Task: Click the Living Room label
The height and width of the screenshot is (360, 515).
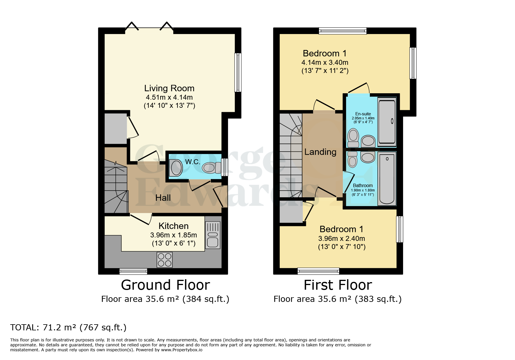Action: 169,88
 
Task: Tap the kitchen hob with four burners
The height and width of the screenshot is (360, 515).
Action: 165,259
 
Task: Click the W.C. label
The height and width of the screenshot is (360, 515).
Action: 193,162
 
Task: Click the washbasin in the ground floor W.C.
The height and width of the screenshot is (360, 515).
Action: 176,168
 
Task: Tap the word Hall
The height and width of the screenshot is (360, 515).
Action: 163,198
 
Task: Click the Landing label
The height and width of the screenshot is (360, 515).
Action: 320,152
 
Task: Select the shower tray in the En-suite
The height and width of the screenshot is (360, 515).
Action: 387,121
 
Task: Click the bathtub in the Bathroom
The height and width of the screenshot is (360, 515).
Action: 387,178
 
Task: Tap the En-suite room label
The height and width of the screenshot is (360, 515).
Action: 363,114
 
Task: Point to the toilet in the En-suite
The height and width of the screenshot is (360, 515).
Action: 353,138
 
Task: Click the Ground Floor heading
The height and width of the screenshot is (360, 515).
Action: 165,285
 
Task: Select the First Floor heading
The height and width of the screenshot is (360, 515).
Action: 338,285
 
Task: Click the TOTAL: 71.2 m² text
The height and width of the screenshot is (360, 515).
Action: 68,327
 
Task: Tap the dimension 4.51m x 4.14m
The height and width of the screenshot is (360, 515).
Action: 169,97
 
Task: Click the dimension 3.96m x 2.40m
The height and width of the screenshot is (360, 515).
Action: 341,239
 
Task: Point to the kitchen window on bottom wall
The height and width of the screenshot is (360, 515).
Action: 133,271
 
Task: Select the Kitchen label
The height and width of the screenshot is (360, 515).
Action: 173,226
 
